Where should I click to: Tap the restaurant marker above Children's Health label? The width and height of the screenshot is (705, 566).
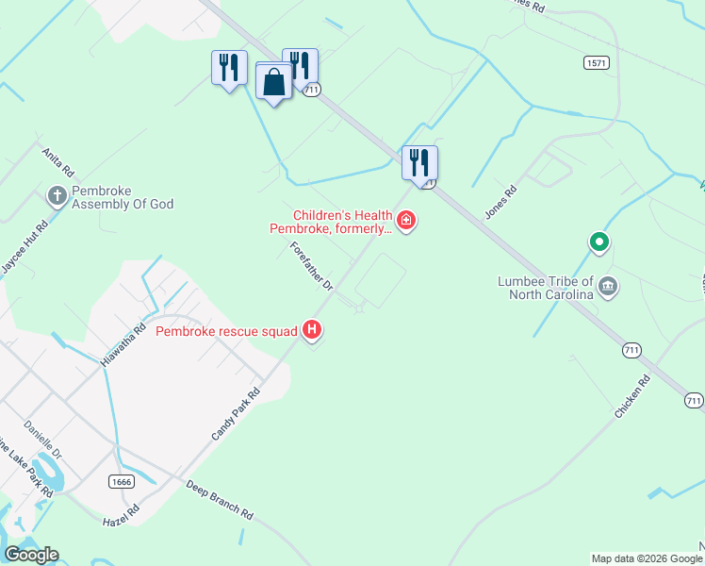click(420, 162)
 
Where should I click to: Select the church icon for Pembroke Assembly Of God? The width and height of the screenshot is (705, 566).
click(57, 196)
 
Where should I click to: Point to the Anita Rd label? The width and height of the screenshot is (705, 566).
click(57, 162)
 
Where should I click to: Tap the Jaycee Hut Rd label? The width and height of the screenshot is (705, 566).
click(25, 248)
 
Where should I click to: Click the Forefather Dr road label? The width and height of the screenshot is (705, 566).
click(312, 265)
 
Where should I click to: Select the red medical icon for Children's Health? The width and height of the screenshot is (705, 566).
click(406, 222)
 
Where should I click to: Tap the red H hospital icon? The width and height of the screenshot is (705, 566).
click(312, 330)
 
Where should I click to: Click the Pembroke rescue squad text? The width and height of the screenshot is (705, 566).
click(226, 331)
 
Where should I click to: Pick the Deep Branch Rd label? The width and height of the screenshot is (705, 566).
click(219, 501)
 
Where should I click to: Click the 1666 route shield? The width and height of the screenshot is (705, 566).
click(121, 481)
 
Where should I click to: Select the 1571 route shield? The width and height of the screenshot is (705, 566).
click(596, 62)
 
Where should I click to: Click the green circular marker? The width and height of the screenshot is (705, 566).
click(598, 243)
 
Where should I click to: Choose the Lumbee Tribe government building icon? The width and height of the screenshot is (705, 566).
click(608, 286)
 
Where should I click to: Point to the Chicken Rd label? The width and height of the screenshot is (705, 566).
click(632, 398)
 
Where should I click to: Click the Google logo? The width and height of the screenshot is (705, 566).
click(31, 555)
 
